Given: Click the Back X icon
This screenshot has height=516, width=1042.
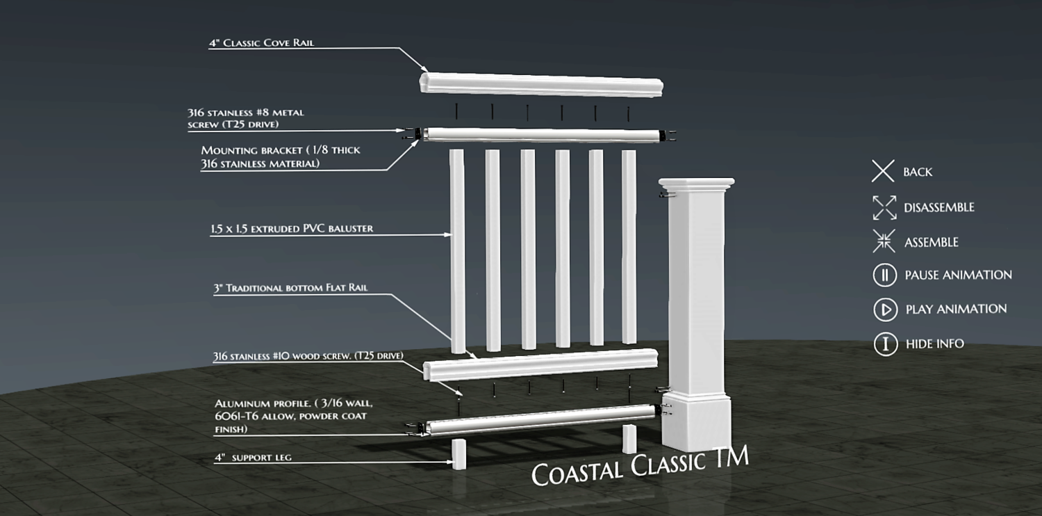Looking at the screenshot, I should pyautogui.click(x=883, y=171).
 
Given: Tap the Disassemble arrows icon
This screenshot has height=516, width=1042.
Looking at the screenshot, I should pyautogui.click(x=884, y=207).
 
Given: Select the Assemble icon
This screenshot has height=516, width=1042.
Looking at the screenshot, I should pyautogui.click(x=884, y=241).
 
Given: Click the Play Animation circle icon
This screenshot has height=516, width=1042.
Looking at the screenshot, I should pyautogui.click(x=885, y=309).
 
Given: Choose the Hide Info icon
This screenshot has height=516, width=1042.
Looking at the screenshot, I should pyautogui.click(x=885, y=344).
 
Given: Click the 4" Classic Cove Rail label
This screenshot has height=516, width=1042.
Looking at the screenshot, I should pyautogui.click(x=261, y=43).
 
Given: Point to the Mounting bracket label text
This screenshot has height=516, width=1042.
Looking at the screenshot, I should pyautogui.click(x=280, y=156).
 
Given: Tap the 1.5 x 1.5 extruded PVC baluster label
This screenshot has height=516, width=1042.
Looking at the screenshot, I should pyautogui.click(x=292, y=228).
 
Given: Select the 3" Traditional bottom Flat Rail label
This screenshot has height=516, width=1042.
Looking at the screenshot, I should pyautogui.click(x=290, y=288).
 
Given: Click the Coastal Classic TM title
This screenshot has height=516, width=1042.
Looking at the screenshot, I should pyautogui.click(x=640, y=465).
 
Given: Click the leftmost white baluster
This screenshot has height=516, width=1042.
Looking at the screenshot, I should pyautogui.click(x=458, y=250).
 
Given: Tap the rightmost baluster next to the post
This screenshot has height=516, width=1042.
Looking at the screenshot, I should pyautogui.click(x=629, y=246).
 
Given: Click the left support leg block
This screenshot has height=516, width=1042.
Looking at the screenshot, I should pyautogui.click(x=458, y=453).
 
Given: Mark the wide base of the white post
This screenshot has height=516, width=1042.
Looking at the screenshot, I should pyautogui.click(x=695, y=422).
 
